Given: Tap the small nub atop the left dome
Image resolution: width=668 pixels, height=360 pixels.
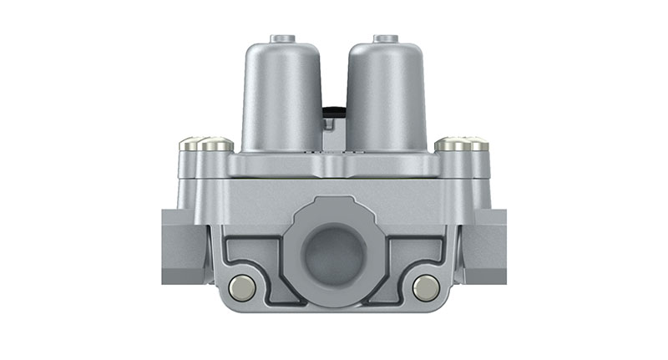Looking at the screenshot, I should coord(282,38).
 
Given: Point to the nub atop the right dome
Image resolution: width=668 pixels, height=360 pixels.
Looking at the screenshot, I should coord(386,38).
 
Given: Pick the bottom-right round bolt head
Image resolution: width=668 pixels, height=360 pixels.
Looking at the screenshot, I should coord(427,286).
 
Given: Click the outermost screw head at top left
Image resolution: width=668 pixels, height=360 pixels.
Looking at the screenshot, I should coord(190,145).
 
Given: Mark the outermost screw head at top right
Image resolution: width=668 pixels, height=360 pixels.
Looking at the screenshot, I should coord(477,145).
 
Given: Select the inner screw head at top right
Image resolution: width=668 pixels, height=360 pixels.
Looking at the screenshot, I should coord(451,144).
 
